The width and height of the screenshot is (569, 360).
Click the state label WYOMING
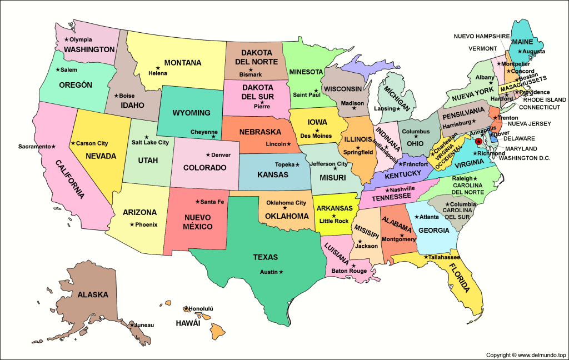coord(191,113)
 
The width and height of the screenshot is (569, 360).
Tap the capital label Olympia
coord(81,40)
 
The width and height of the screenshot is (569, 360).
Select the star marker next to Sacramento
coord(54,147)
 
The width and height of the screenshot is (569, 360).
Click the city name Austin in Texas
coord(269,272)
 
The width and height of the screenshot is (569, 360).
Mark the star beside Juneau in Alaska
coord(132,324)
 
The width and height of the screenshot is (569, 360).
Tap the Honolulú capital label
coord(201,308)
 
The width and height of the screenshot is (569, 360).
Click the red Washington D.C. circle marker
coord(478,142)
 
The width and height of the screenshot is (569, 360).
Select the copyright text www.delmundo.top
coord(525,354)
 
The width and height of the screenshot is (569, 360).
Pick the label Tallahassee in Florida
coord(445,258)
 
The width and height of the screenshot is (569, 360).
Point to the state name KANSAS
coord(273,174)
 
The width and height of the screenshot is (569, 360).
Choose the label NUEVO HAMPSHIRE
coord(481,36)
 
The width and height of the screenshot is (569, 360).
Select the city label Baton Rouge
coord(349,271)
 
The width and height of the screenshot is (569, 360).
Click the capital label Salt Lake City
coord(150,143)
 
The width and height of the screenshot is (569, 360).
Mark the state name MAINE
coord(522,42)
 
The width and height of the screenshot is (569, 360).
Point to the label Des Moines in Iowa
coord(316,136)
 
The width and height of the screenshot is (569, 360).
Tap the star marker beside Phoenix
coord(131,224)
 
